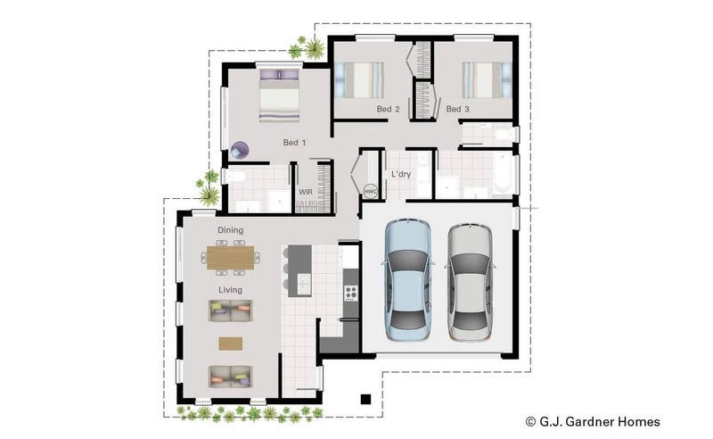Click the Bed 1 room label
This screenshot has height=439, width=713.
coord(294,143)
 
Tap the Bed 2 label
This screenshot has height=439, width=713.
coord(388,110)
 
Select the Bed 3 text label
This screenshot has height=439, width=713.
coord(457,110)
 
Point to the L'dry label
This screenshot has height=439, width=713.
coord(400,174)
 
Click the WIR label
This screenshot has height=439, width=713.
coord(305,192)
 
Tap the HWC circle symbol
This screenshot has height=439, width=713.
coord(371,192)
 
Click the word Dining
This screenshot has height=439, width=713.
coord(230,231)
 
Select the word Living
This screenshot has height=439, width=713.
coord(231,290)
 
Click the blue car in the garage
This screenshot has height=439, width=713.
coord(407,280)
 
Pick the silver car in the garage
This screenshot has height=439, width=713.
coord(470,282)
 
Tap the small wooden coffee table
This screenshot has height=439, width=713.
coord(231,344)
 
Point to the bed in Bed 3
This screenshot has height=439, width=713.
coord(481,79)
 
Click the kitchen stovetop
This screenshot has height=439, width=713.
coord(349,292)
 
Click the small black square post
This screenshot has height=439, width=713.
coord(365,399)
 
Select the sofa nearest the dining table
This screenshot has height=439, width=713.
coord(231,311)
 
